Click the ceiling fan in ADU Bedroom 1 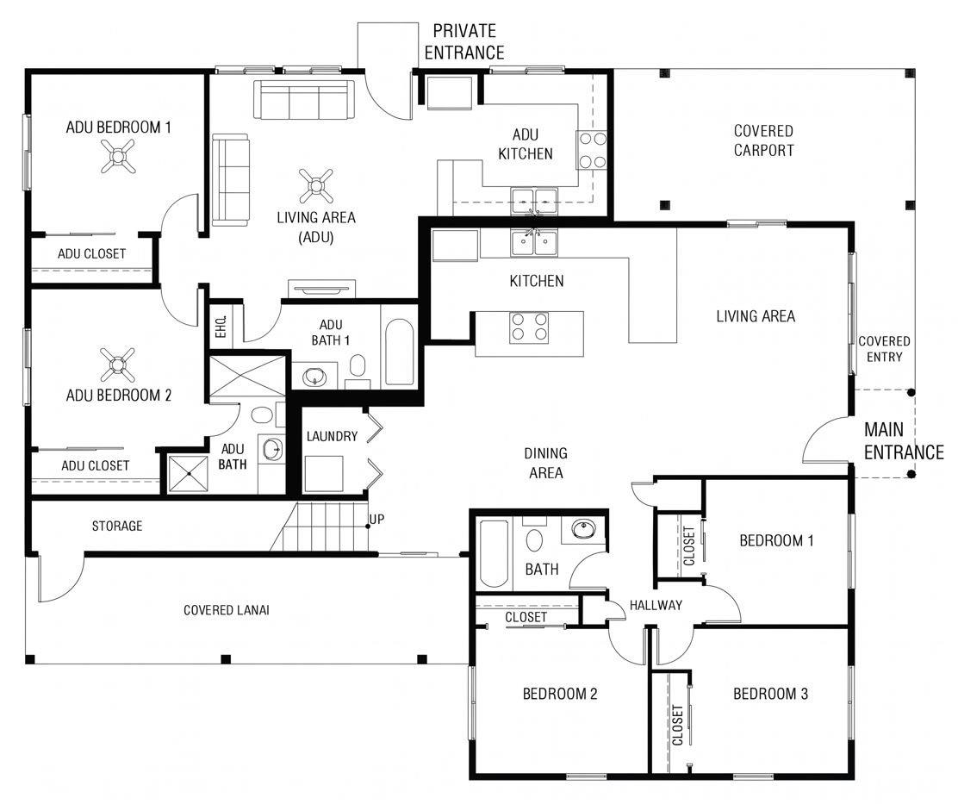click(117, 156)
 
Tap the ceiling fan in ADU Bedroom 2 click(117, 365)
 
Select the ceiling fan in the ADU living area click(316, 186)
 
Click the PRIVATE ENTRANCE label click(464, 41)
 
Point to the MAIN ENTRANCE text click(904, 441)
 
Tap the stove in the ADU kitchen click(591, 150)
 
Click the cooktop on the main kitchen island click(529, 327)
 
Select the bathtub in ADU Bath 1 click(401, 352)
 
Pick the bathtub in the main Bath click(494, 553)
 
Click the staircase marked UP click(320, 527)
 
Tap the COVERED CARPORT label click(763, 140)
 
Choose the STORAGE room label click(116, 526)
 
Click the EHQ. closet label click(221, 327)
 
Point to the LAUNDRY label click(332, 436)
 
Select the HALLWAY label click(656, 606)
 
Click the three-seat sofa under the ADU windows click(304, 100)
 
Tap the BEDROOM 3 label click(770, 694)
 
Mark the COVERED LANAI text click(226, 610)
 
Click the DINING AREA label click(545, 463)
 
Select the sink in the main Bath click(584, 529)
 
